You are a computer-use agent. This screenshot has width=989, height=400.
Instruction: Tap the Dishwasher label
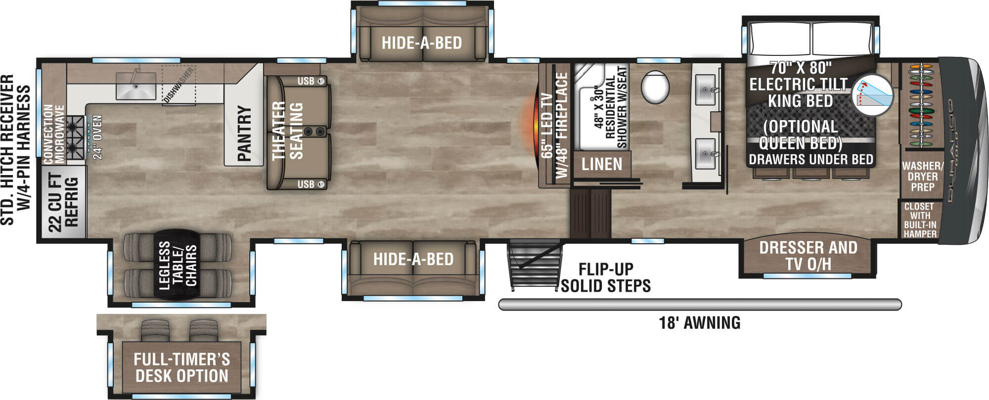[179, 86]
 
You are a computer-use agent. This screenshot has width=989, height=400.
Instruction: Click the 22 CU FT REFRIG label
[63, 203]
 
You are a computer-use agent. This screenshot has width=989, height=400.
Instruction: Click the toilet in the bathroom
[655, 87]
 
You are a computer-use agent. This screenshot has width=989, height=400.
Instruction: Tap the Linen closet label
[602, 164]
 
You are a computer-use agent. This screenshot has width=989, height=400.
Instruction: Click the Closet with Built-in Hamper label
[920, 220]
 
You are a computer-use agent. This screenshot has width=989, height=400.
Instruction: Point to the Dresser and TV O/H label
[808, 256]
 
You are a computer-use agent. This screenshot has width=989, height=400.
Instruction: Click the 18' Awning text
[700, 323]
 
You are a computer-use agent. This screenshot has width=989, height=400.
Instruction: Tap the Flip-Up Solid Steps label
[606, 278]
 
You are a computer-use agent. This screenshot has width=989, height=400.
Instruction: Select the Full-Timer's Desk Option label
[182, 367]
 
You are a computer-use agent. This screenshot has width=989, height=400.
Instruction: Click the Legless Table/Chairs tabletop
[178, 265]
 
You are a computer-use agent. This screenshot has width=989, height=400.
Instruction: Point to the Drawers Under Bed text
[811, 160]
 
